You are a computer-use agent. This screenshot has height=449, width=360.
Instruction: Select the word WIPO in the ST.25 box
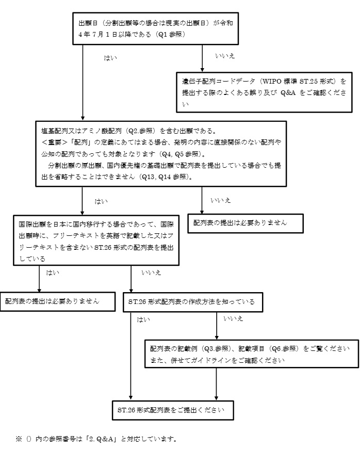pyautogui.click(x=272, y=82)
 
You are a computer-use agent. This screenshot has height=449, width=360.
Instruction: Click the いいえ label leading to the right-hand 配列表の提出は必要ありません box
pyautogui.click(x=221, y=200)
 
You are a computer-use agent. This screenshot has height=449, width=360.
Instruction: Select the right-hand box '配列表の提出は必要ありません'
pyautogui.click(x=245, y=223)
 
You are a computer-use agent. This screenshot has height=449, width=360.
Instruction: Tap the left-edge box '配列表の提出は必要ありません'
pyautogui.click(x=57, y=301)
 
